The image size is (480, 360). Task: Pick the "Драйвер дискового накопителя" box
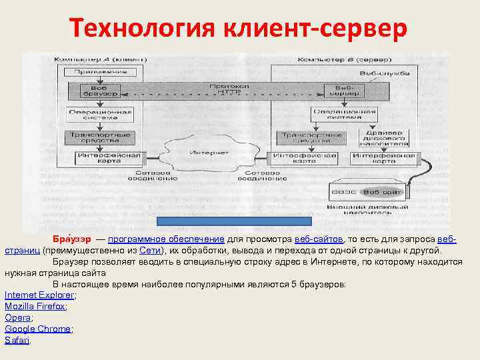click(x=383, y=138)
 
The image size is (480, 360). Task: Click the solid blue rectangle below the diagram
click(x=234, y=222)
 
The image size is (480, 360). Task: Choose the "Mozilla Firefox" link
click(x=35, y=306)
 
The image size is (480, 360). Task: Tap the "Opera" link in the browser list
click(x=17, y=317)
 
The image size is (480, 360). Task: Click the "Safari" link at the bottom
click(x=17, y=340)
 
